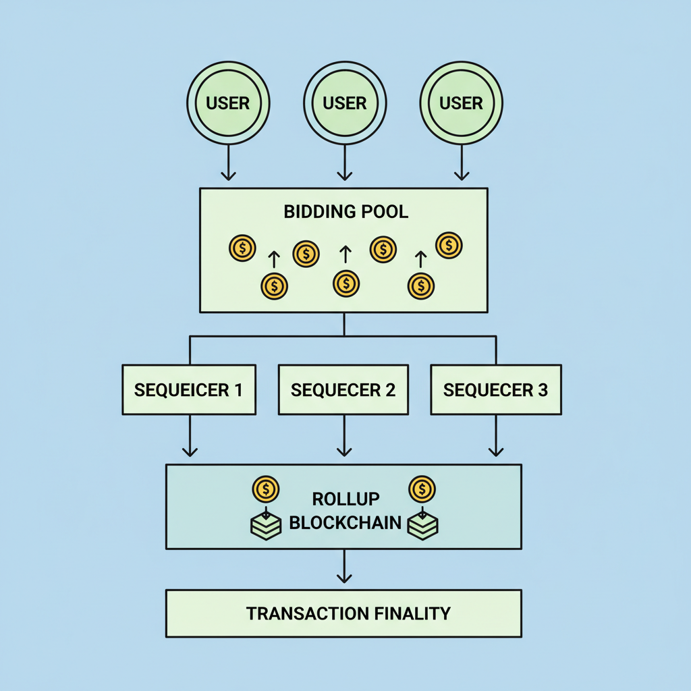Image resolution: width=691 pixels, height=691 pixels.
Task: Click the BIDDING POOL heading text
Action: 345,211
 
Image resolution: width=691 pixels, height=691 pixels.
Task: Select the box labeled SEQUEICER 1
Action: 189,389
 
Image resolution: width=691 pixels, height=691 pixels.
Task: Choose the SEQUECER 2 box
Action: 343,389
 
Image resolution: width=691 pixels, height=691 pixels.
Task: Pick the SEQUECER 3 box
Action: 496,389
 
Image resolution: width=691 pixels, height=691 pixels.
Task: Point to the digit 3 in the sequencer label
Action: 543,390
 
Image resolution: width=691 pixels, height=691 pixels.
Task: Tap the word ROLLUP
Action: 345,499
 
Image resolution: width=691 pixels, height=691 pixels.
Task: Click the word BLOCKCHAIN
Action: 345,523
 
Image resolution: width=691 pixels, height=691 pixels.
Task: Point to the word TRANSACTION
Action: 306,613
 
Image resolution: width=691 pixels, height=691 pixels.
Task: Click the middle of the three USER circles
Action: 345,103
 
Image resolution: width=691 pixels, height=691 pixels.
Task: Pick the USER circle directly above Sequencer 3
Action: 462,103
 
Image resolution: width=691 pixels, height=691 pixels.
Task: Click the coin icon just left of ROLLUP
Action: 266,489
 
